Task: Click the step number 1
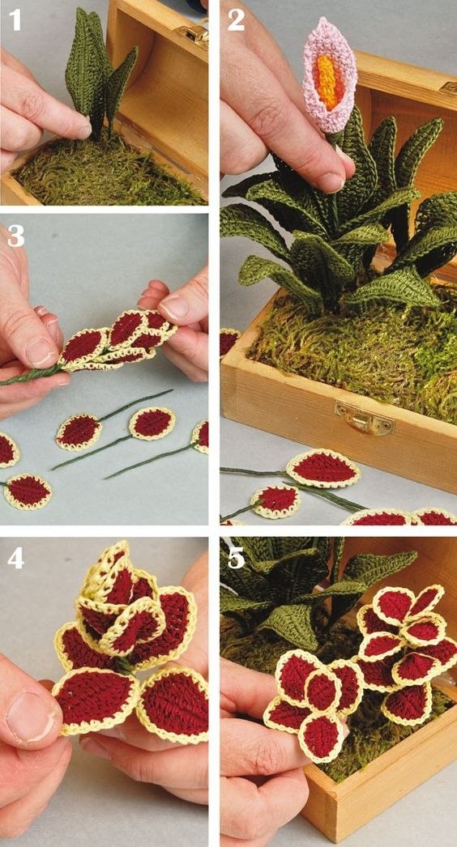[x=15, y=20]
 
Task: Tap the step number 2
[x=236, y=20]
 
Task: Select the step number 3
[x=15, y=236]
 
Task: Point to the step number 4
[x=15, y=558]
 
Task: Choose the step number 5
[x=237, y=558]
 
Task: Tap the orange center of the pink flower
[x=327, y=81]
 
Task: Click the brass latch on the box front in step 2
[x=364, y=418]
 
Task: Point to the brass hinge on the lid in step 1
[x=194, y=33]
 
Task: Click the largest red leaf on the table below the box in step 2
[x=322, y=469]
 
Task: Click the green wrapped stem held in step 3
[x=33, y=375]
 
